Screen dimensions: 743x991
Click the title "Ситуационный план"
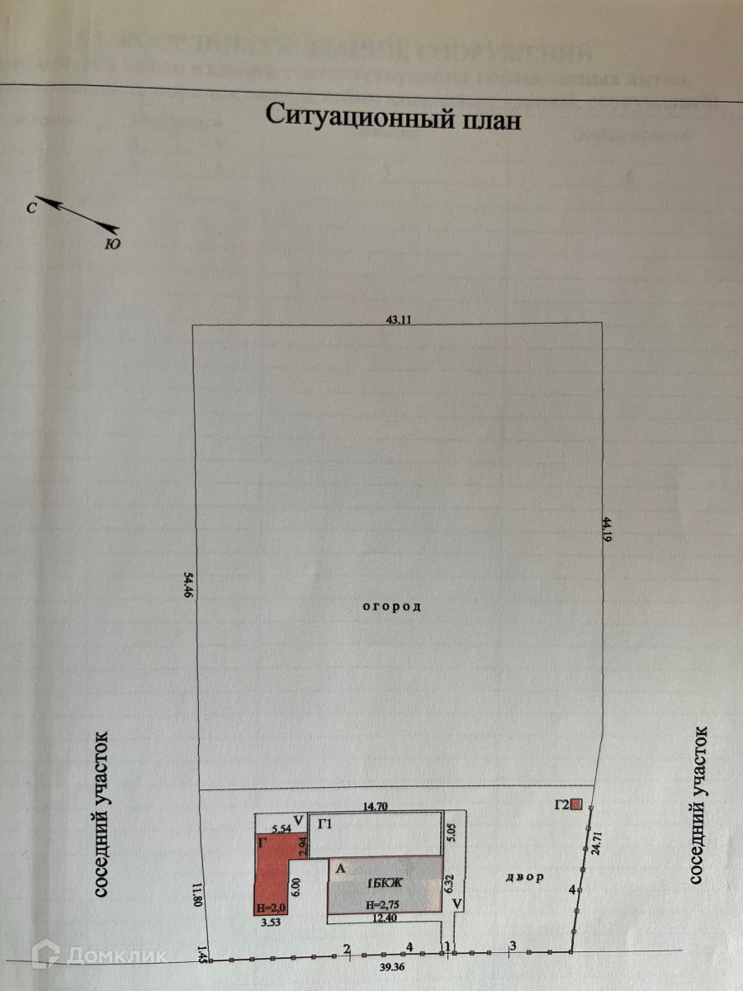tap(394, 116)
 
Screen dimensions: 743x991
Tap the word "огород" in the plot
tap(392, 607)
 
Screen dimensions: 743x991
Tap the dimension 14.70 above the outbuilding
tap(376, 806)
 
